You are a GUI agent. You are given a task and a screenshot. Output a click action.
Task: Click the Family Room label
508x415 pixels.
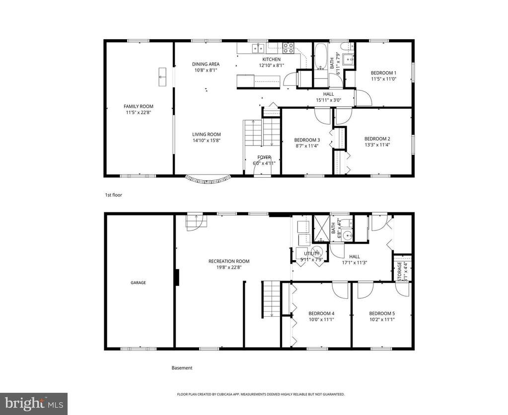(x=139, y=106)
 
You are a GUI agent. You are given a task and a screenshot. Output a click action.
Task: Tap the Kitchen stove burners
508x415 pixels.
(x=288, y=48)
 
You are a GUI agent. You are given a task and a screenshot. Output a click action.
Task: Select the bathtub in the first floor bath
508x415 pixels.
(x=321, y=57)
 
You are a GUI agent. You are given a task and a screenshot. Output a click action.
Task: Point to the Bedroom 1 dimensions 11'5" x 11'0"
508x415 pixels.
(x=383, y=79)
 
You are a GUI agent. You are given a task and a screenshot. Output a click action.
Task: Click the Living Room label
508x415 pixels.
(x=207, y=135)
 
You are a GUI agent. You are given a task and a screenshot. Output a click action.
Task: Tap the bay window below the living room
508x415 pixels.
(x=208, y=180)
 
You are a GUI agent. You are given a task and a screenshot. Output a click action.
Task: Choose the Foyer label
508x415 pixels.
(x=264, y=157)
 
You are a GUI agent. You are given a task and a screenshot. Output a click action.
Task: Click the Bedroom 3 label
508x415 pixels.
(x=307, y=140)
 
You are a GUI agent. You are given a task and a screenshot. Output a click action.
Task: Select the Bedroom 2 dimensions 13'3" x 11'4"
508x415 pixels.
(x=377, y=145)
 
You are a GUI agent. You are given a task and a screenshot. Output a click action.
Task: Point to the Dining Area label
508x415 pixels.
(x=206, y=64)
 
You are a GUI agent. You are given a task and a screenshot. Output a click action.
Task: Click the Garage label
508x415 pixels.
(x=139, y=283)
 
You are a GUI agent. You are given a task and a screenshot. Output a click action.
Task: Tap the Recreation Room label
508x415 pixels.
(x=229, y=262)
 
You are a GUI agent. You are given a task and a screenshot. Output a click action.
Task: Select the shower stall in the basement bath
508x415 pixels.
(x=321, y=228)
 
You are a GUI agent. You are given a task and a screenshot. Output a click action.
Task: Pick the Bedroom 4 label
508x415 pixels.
(x=321, y=314)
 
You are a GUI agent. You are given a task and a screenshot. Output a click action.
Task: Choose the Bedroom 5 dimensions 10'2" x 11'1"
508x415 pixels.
(x=382, y=319)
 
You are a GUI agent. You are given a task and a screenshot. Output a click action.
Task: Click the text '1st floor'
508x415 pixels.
(x=113, y=195)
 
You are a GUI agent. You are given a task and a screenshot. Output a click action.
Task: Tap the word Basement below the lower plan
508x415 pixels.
(x=182, y=368)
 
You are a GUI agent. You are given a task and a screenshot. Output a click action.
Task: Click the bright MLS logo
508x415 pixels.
(x=34, y=404)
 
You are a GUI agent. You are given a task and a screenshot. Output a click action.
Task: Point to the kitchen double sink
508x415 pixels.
(x=258, y=48)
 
